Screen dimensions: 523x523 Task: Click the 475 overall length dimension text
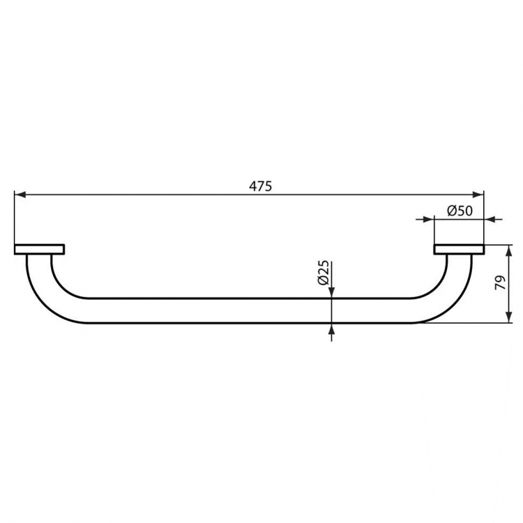point(260,186)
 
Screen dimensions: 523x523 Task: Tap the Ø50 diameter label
point(459,210)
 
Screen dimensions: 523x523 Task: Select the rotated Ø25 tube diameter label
point(323,272)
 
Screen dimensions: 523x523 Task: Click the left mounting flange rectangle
point(39,249)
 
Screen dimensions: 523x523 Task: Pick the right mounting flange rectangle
point(459,249)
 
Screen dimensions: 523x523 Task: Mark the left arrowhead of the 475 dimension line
point(20,195)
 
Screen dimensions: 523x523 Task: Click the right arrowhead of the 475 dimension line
point(478,195)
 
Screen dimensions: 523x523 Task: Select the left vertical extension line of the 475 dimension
point(14,216)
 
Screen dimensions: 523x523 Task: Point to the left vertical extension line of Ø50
point(434,230)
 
